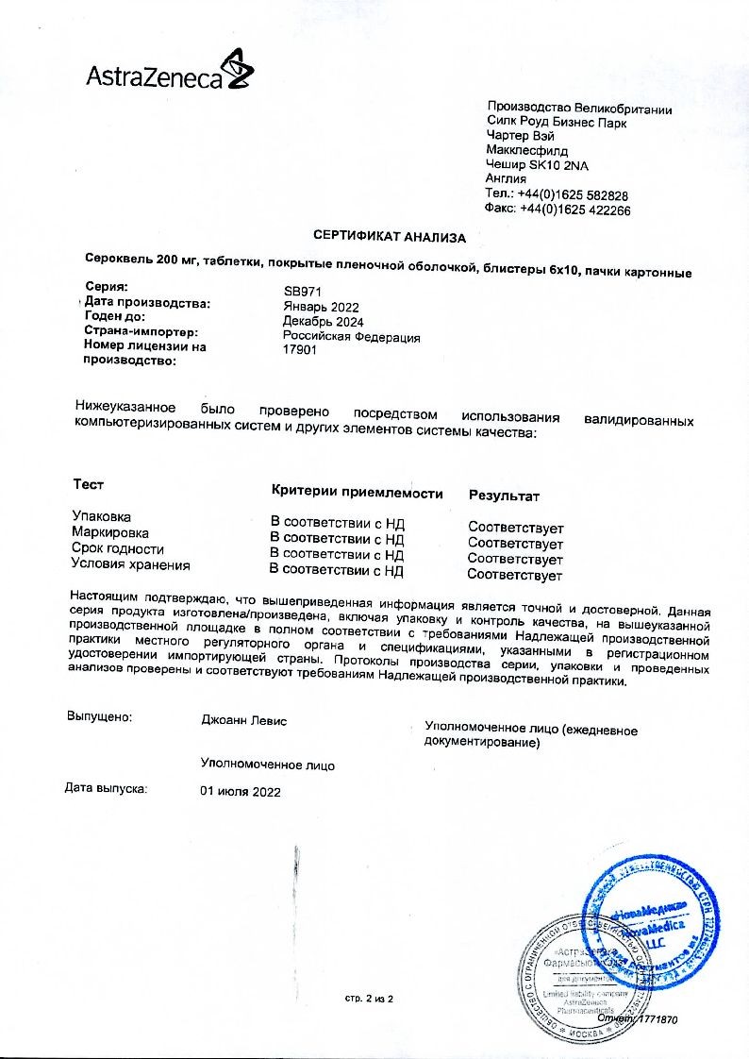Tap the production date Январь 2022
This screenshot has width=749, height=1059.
point(321,308)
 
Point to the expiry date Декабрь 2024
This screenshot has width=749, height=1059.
point(323,322)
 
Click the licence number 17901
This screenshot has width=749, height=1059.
point(300,350)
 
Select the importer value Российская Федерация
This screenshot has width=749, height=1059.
point(352,337)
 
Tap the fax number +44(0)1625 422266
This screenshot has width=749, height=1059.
point(575,210)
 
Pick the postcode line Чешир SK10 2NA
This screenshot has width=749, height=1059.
point(537,164)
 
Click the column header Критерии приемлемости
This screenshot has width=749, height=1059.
point(357,492)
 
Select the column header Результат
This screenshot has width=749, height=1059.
point(504,496)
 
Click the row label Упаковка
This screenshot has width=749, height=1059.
point(102,516)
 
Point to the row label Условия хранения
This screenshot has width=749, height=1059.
point(130,564)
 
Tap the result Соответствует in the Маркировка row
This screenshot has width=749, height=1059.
point(515,544)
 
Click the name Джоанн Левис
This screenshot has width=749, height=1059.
point(244,721)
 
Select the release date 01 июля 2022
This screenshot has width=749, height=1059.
point(241,792)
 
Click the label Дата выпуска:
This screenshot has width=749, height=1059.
point(106,786)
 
